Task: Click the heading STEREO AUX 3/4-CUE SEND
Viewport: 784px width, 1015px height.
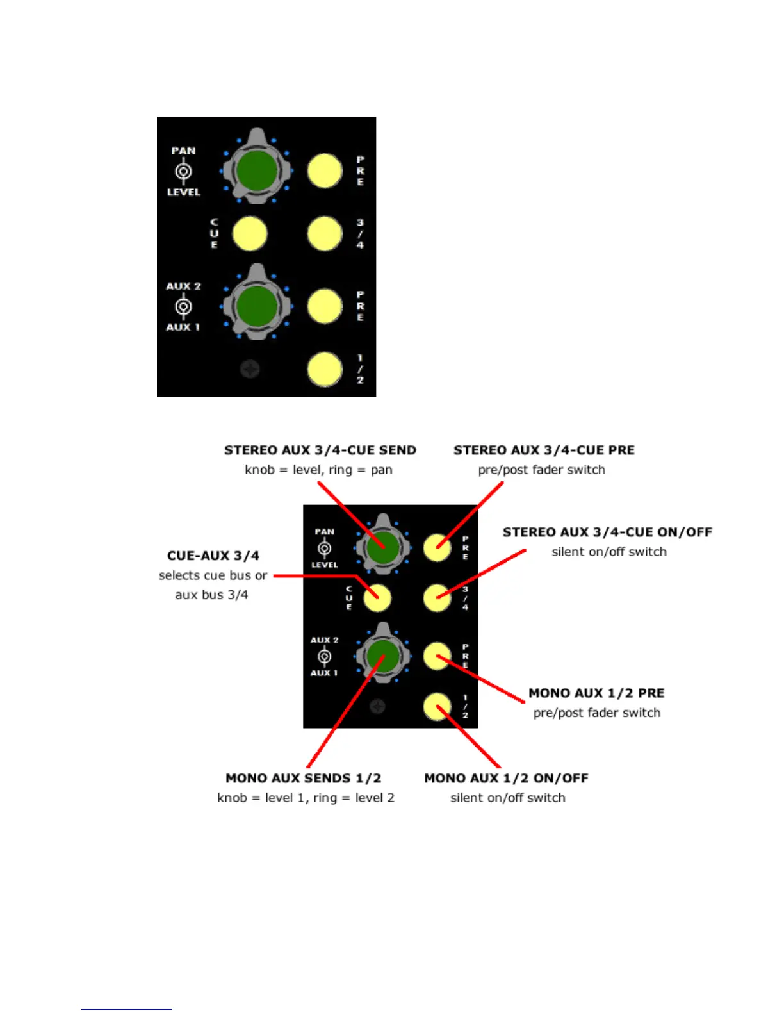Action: [320, 450]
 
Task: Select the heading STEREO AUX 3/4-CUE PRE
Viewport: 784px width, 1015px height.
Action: [544, 450]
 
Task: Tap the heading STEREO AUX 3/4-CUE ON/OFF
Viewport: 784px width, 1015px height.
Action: [607, 532]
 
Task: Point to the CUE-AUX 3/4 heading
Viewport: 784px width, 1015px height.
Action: [213, 556]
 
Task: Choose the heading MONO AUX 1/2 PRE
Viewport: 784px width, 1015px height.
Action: [596, 693]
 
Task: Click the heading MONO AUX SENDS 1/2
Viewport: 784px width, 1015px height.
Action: [303, 778]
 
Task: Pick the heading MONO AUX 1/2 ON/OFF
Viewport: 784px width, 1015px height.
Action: [506, 778]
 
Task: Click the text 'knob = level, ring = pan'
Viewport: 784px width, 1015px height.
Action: [318, 470]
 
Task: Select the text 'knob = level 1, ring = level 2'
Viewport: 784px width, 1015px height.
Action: [306, 798]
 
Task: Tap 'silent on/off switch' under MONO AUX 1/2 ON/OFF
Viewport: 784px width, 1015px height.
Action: [507, 798]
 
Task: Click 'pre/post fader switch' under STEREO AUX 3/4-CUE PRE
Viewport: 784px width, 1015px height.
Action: [541, 470]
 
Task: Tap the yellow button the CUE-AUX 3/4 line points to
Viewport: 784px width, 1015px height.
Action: [377, 598]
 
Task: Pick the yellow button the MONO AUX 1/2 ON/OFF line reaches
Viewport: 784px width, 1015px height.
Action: [437, 707]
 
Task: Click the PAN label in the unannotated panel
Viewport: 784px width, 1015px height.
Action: [183, 151]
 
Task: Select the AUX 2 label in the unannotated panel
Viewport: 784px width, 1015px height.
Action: [183, 286]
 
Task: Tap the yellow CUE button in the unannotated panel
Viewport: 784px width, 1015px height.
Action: [249, 234]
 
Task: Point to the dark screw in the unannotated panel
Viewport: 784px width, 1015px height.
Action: [250, 369]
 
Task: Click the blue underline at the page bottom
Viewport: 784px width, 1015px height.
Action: [127, 1009]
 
